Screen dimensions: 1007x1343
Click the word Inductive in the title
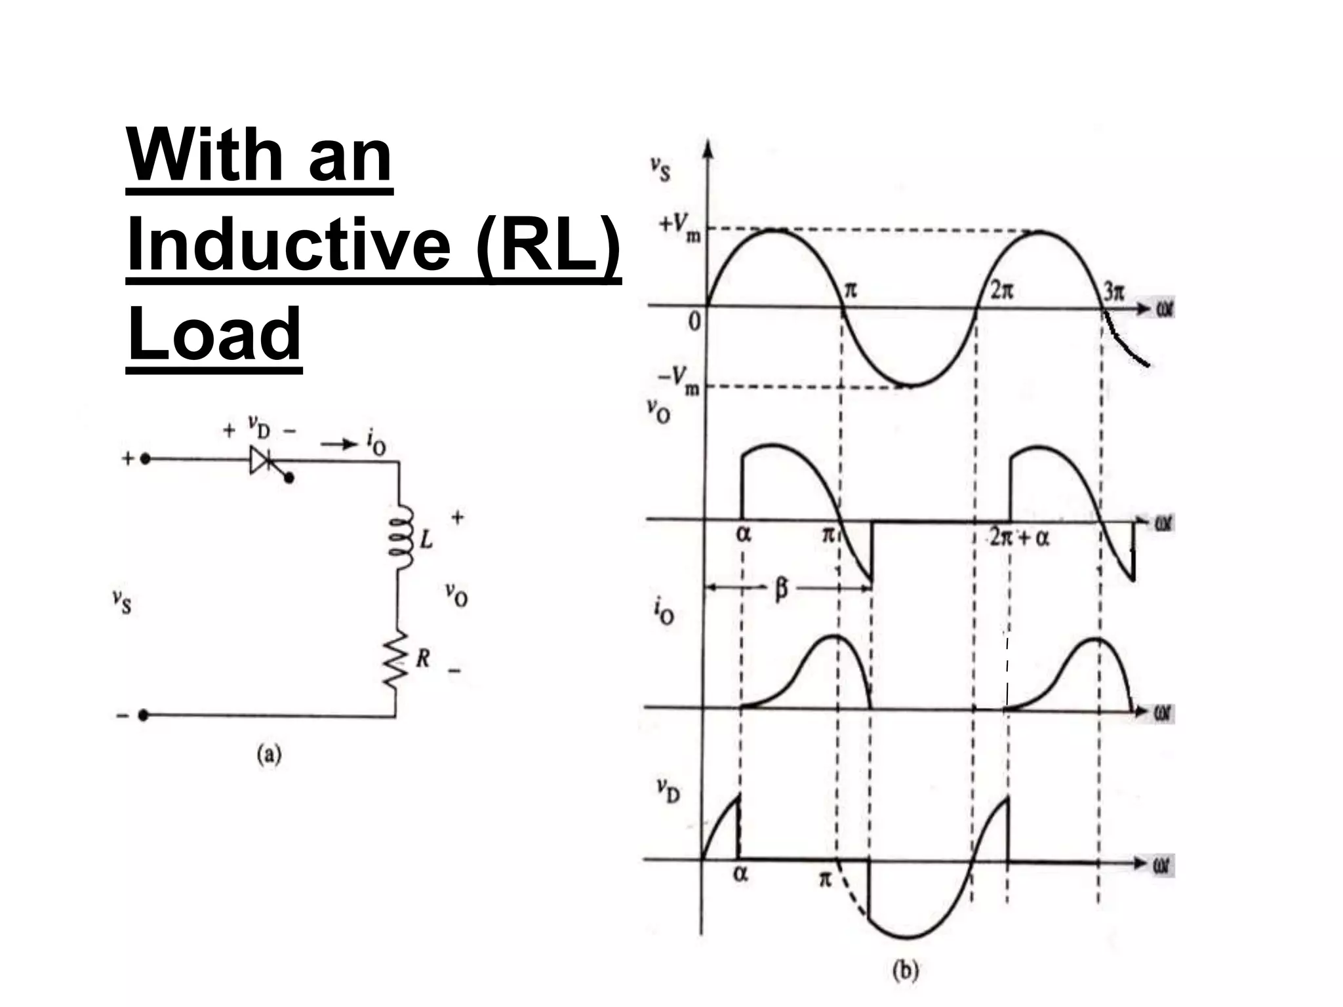click(x=289, y=245)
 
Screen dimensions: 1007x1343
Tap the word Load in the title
click(x=214, y=334)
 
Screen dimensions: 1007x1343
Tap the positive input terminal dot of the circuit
click(x=146, y=459)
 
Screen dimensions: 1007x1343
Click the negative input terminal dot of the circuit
click(x=144, y=715)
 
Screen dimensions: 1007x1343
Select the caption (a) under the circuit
click(x=269, y=755)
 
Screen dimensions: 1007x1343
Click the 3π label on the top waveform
click(x=1113, y=290)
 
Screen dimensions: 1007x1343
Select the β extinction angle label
click(x=780, y=589)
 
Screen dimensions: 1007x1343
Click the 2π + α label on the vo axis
click(x=1020, y=538)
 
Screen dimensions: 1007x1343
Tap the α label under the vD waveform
click(x=740, y=875)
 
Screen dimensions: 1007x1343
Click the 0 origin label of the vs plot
click(x=694, y=321)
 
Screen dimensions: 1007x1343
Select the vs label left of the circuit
click(x=121, y=601)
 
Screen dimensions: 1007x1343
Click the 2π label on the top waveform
click(x=1001, y=290)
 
